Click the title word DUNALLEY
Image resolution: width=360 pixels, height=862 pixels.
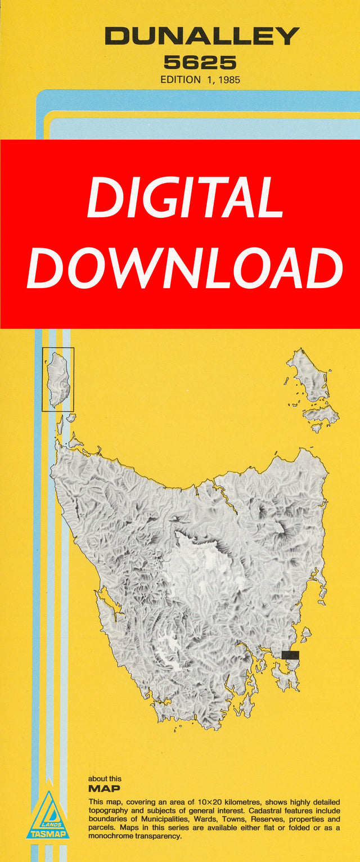pyautogui.click(x=201, y=37)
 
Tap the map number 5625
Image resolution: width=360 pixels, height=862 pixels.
pyautogui.click(x=200, y=62)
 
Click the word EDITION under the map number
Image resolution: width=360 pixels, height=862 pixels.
pyautogui.click(x=181, y=80)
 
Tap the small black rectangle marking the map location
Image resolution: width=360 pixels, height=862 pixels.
pyautogui.click(x=290, y=655)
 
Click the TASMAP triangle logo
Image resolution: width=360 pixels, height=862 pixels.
pyautogui.click(x=47, y=815)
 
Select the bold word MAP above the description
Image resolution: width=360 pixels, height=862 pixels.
pyautogui.click(x=104, y=789)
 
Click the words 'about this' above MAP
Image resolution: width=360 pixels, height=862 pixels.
pyautogui.click(x=105, y=779)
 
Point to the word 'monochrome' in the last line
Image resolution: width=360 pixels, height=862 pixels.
pyautogui.click(x=109, y=837)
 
